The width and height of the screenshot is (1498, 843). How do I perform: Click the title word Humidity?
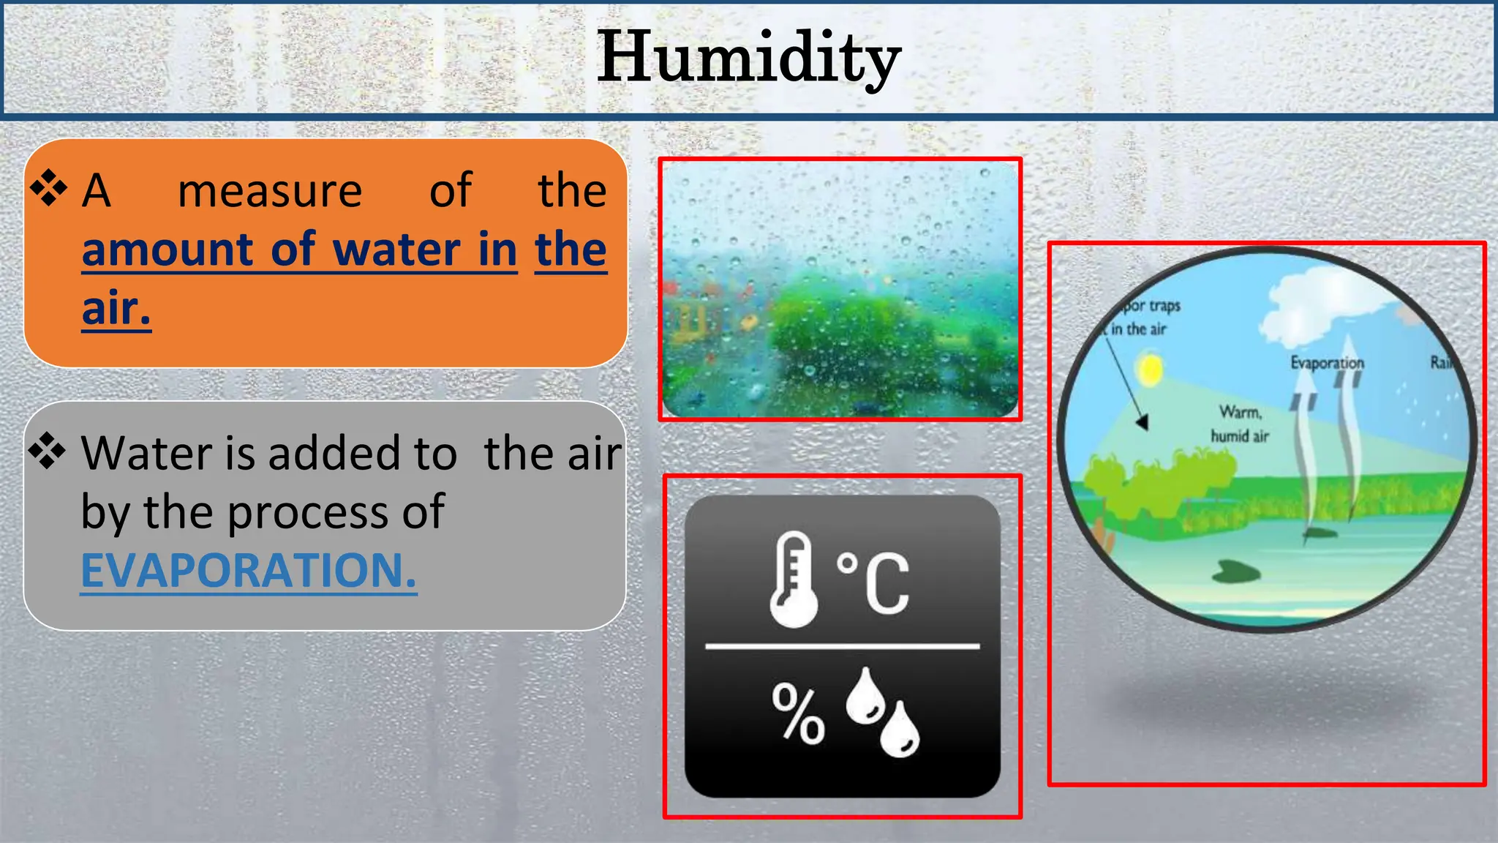[x=748, y=59]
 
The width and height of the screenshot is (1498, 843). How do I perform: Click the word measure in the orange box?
[x=270, y=192]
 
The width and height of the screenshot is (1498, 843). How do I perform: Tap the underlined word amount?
[x=168, y=250]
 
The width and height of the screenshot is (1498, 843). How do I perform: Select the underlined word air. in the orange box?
[x=116, y=309]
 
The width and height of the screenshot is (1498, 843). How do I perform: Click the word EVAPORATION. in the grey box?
[x=249, y=571]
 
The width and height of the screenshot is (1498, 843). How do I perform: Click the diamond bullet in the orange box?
[x=48, y=188]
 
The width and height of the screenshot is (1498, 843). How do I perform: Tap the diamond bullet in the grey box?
[x=48, y=450]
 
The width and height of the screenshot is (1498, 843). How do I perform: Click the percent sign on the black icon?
[x=798, y=714]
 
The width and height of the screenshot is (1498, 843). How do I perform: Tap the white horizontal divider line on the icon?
[x=842, y=647]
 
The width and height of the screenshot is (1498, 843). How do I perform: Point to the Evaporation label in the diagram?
[x=1327, y=363]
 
